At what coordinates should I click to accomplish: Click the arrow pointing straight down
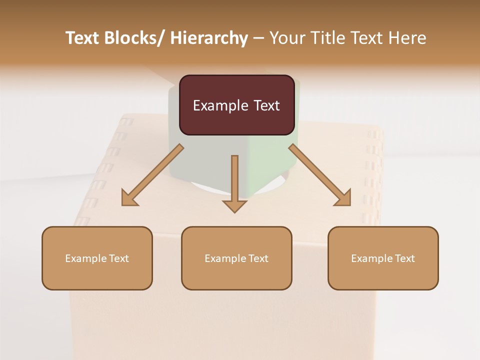234,182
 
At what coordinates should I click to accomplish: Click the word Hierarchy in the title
209,38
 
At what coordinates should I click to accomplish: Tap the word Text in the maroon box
264,106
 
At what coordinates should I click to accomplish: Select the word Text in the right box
404,258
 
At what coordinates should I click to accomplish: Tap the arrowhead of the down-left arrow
129,198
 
